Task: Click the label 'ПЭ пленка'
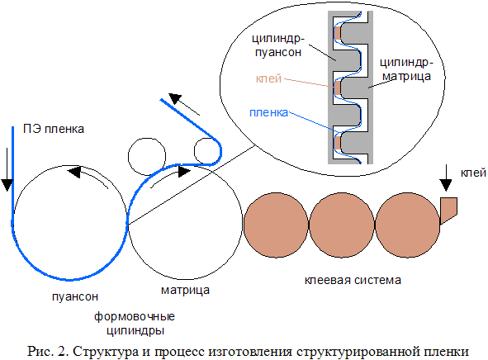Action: tap(54, 129)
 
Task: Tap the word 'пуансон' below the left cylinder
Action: tap(75, 296)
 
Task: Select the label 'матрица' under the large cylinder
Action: tap(185, 290)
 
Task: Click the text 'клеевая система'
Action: tap(353, 280)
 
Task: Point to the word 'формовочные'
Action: tap(135, 317)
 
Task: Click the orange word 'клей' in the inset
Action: tap(268, 78)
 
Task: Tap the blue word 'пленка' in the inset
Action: tap(269, 112)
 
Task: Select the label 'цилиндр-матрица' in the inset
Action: tap(406, 69)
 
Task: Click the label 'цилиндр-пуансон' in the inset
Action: tap(278, 45)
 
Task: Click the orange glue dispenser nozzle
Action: tap(449, 208)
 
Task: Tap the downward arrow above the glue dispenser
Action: tap(446, 178)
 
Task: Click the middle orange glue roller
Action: tap(341, 225)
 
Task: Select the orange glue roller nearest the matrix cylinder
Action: tap(276, 225)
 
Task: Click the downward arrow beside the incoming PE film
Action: tap(7, 169)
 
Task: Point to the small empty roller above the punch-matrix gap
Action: tap(147, 157)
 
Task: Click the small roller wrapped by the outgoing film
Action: tap(207, 151)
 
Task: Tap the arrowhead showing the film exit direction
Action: tap(175, 98)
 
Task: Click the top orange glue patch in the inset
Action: tap(338, 33)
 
